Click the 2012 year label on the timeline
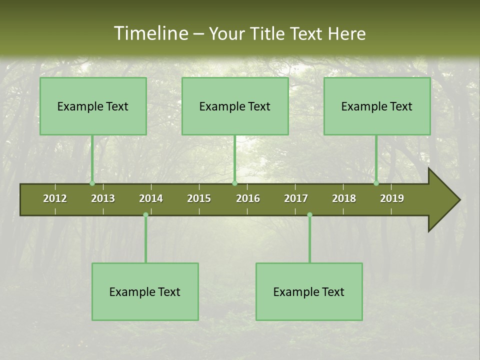[55, 198]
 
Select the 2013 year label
[103, 198]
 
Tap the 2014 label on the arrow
[151, 198]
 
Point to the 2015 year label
[199, 198]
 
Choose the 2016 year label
[248, 198]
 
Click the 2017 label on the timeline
[296, 198]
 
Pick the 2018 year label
[344, 198]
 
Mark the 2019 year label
[392, 198]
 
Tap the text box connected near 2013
[93, 106]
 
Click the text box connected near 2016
[235, 106]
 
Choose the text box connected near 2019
[377, 106]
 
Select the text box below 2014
[145, 291]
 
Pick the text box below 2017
[309, 291]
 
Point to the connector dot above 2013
[92, 183]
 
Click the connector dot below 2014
[145, 215]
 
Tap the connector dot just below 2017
[309, 215]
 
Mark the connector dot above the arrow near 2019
[376, 183]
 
